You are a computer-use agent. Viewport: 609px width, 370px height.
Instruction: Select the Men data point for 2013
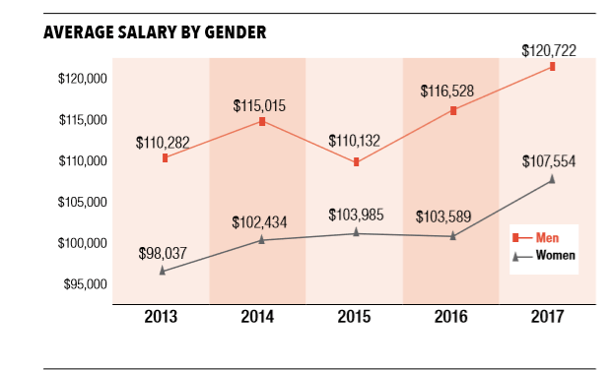tap(165, 157)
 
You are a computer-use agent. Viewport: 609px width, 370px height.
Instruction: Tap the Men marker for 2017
tap(553, 67)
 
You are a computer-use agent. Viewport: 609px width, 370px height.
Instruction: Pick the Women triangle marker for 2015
tap(356, 232)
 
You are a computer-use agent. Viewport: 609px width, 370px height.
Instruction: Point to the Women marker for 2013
tap(163, 270)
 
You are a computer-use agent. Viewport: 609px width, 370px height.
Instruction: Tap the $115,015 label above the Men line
tap(261, 103)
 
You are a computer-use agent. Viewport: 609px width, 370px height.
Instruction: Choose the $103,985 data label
tap(356, 215)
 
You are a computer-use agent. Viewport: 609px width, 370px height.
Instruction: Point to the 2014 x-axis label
tap(257, 317)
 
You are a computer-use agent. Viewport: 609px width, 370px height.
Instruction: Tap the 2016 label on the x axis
tap(450, 317)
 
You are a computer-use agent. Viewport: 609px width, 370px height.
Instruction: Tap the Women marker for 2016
tap(453, 236)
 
